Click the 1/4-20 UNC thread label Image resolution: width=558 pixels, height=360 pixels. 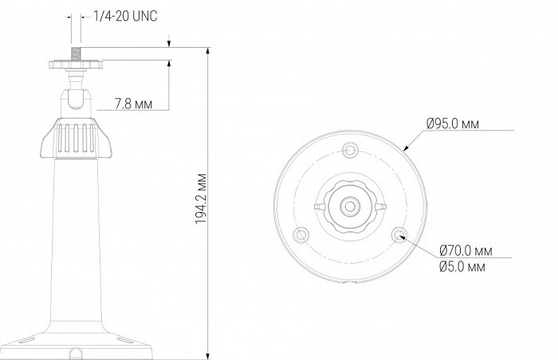[125, 17]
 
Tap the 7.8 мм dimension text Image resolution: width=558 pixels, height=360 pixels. [133, 104]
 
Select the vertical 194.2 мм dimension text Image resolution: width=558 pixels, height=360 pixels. [201, 199]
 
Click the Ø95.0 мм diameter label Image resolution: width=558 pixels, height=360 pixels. [453, 123]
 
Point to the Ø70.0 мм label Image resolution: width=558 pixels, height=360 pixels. [466, 251]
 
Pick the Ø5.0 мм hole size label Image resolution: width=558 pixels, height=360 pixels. [462, 266]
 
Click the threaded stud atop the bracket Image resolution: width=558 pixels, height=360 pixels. [77, 53]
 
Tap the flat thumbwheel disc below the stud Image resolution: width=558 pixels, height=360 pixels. [76, 65]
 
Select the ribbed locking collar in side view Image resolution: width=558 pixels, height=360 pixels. [76, 138]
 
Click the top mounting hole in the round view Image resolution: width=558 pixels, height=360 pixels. [350, 150]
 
